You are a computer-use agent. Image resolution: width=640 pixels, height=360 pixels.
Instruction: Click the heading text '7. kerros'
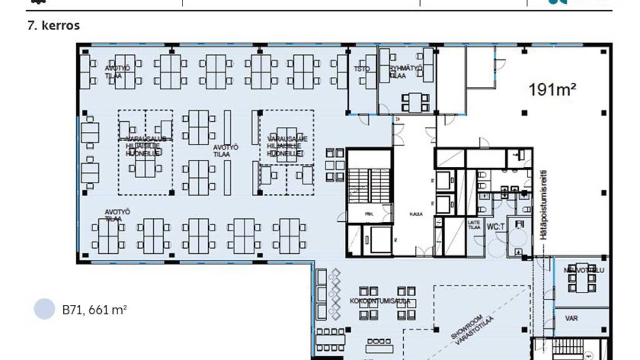tap(53, 26)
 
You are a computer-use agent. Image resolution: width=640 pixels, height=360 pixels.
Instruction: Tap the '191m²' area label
tap(552, 90)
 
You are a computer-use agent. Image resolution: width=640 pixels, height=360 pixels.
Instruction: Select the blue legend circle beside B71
tap(44, 309)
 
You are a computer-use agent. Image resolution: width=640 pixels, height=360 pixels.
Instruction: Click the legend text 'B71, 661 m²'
tap(94, 309)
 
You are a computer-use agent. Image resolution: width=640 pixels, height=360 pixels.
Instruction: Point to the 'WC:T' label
tap(496, 226)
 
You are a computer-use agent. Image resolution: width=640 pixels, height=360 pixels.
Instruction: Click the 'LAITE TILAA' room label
tap(474, 225)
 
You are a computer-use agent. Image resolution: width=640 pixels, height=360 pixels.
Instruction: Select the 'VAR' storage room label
tap(571, 318)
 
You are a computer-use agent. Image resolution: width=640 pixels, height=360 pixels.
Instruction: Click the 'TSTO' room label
tap(362, 69)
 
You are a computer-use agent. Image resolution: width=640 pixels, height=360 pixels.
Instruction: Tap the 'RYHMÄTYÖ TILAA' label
tap(406, 71)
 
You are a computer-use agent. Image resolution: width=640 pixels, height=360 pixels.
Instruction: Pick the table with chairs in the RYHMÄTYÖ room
tap(414, 101)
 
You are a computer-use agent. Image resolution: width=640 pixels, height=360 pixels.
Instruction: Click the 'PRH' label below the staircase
tap(369, 214)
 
